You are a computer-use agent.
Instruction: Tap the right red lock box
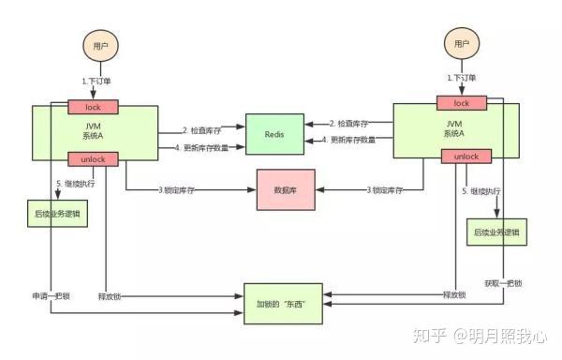461,103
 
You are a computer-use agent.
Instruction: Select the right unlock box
461,157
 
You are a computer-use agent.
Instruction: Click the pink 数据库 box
285,189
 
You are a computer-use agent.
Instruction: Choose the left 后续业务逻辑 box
58,214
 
